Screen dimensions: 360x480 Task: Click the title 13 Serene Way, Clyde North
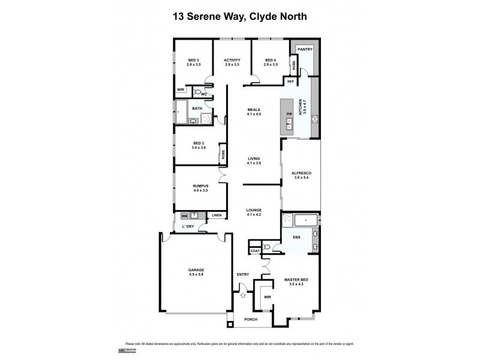pyautogui.click(x=239, y=16)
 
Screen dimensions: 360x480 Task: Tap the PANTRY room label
pyautogui.click(x=305, y=49)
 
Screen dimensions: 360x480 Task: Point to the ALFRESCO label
pyautogui.click(x=302, y=173)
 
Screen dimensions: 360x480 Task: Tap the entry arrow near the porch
pyautogui.click(x=243, y=294)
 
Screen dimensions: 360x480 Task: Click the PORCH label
pyautogui.click(x=251, y=319)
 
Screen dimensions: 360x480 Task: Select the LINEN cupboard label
pyautogui.click(x=217, y=215)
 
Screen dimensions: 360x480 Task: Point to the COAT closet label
pyautogui.click(x=254, y=250)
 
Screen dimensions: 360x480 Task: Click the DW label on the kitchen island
pyautogui.click(x=289, y=114)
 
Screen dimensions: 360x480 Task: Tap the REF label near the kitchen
pyautogui.click(x=290, y=81)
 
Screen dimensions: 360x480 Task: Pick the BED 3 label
pyautogui.click(x=193, y=61)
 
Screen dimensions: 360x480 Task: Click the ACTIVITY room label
pyautogui.click(x=232, y=61)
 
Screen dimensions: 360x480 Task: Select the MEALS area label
pyautogui.click(x=254, y=109)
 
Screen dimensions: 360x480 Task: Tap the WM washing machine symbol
pyautogui.click(x=184, y=215)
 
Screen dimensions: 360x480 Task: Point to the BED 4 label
pyautogui.click(x=271, y=61)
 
